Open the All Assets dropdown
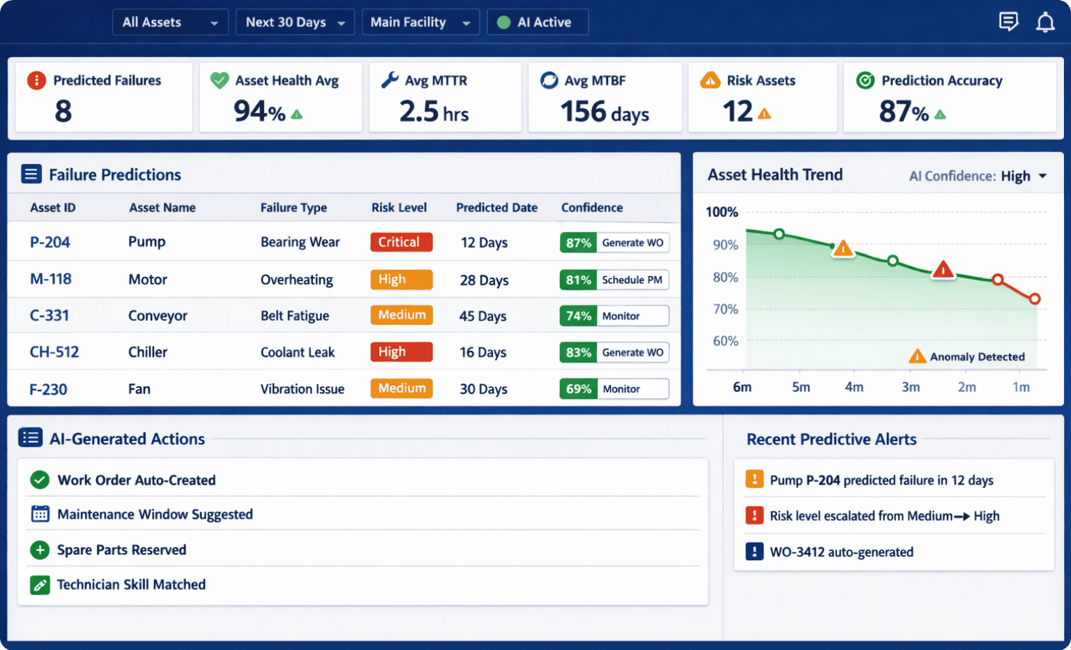click(x=169, y=22)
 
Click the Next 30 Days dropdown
click(x=295, y=22)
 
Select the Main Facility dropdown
click(x=420, y=22)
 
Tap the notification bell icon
click(x=1045, y=22)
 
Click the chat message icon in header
click(x=1008, y=22)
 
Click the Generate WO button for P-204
click(x=632, y=243)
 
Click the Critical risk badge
click(x=401, y=242)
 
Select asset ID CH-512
click(x=54, y=352)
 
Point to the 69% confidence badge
click(x=578, y=388)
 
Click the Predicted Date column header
click(x=496, y=208)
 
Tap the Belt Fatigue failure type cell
click(x=294, y=316)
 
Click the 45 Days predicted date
click(x=483, y=316)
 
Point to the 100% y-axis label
click(x=722, y=212)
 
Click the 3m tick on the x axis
click(x=911, y=387)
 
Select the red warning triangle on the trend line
click(x=943, y=270)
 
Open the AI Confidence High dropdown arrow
click(x=1042, y=176)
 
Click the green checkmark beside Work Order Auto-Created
click(x=40, y=480)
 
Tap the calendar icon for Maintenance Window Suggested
click(x=40, y=515)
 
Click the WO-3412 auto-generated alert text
click(x=841, y=552)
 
